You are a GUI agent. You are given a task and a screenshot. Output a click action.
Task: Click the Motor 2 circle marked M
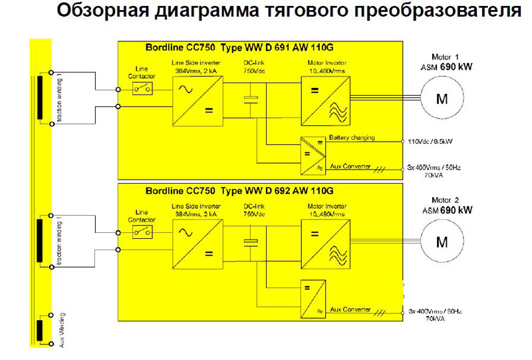pyautogui.click(x=442, y=242)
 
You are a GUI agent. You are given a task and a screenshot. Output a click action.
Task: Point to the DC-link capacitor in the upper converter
pyautogui.click(x=251, y=100)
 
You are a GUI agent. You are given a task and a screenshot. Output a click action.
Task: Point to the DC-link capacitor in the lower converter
pyautogui.click(x=251, y=242)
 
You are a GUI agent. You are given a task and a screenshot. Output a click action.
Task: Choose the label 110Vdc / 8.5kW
pyautogui.click(x=432, y=142)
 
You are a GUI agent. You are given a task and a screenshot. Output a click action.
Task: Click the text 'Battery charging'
pyautogui.click(x=352, y=138)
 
